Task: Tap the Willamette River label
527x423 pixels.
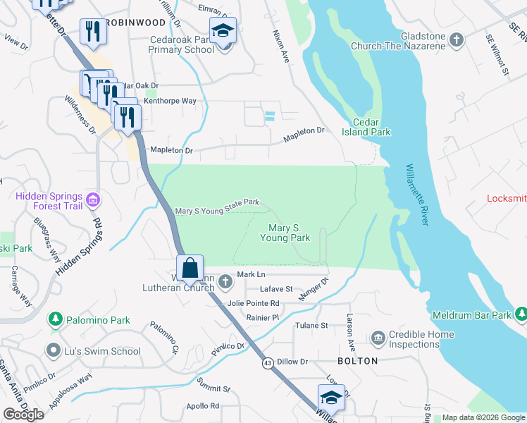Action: pos(416,195)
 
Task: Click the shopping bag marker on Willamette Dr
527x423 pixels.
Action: pos(190,269)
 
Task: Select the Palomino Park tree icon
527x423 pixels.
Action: pos(55,320)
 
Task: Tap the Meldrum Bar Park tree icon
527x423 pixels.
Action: pos(521,314)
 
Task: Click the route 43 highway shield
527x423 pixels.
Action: pos(268,363)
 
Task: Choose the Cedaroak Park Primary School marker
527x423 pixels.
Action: pos(224,32)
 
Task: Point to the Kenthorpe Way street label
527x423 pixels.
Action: pos(170,101)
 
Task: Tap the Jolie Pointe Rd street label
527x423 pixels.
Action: pos(253,303)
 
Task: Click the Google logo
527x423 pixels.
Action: pos(24,415)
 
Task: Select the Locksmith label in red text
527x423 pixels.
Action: pos(507,198)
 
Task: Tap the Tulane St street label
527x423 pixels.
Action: pos(311,325)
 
